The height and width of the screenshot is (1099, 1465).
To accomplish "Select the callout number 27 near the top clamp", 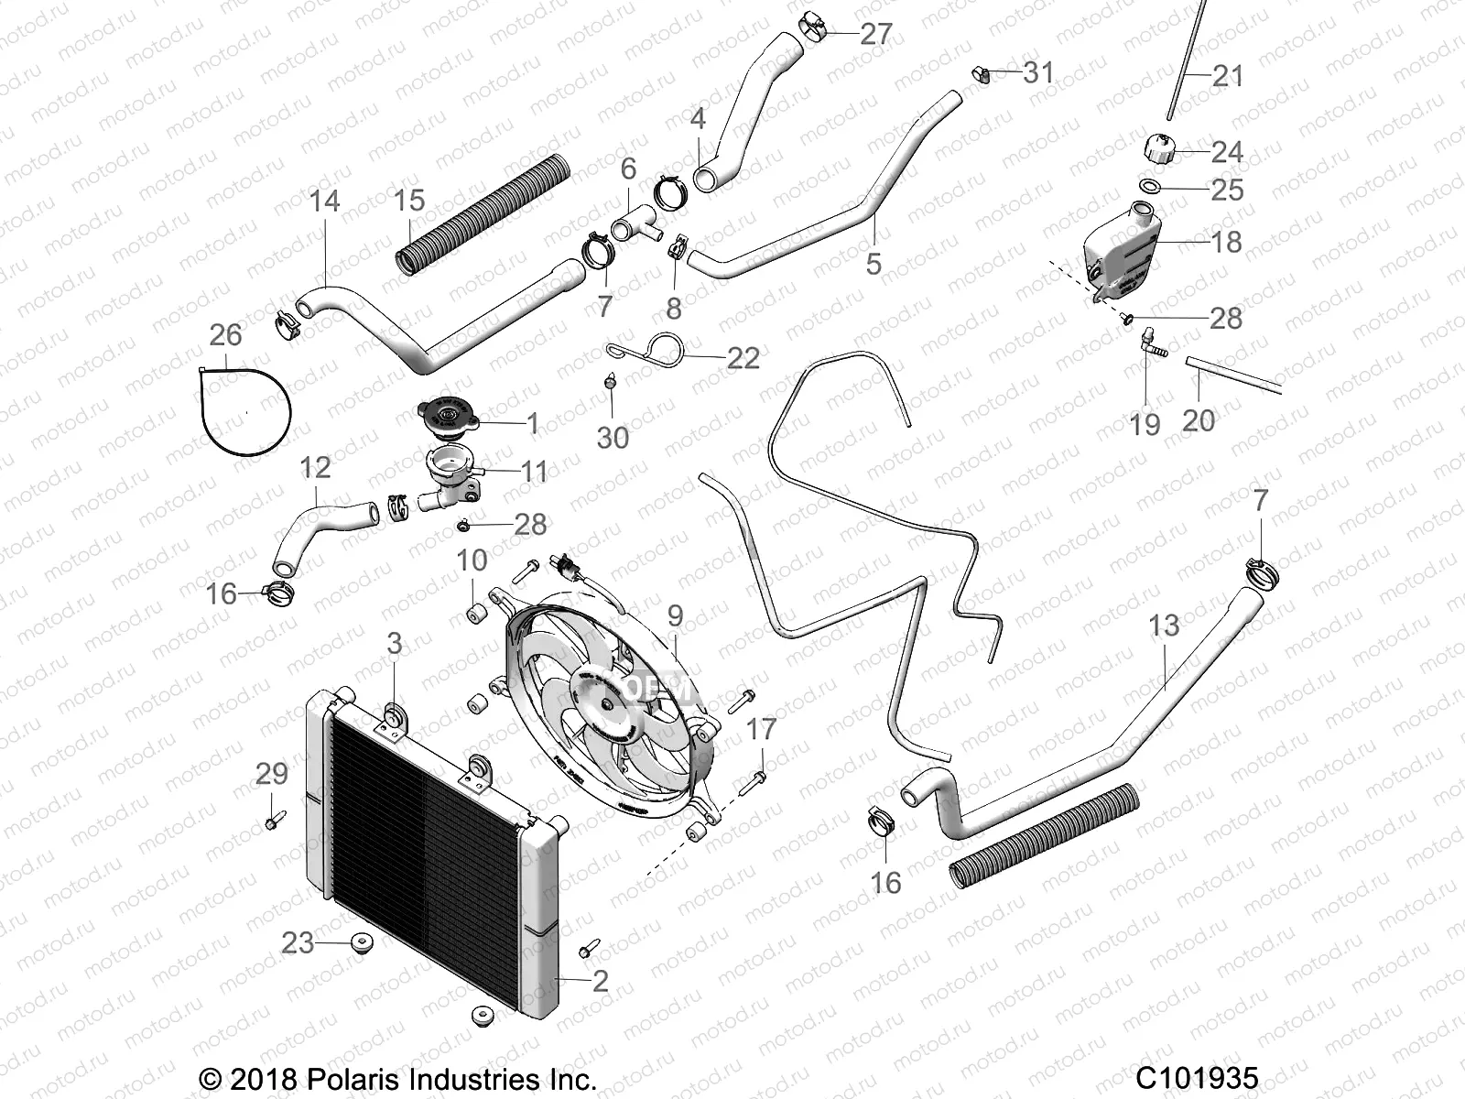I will coord(876,34).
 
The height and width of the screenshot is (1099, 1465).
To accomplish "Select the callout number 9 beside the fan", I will coord(676,615).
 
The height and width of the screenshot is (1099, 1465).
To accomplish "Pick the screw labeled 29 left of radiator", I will coord(273,820).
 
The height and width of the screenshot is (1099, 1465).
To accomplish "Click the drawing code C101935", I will coord(1198,1077).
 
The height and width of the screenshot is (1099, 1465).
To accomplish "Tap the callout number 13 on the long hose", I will coord(1164,626).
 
